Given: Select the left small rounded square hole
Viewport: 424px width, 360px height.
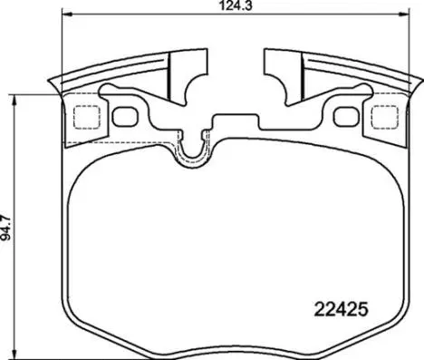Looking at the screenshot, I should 122,116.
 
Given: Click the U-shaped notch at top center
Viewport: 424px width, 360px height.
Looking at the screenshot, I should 192,154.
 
